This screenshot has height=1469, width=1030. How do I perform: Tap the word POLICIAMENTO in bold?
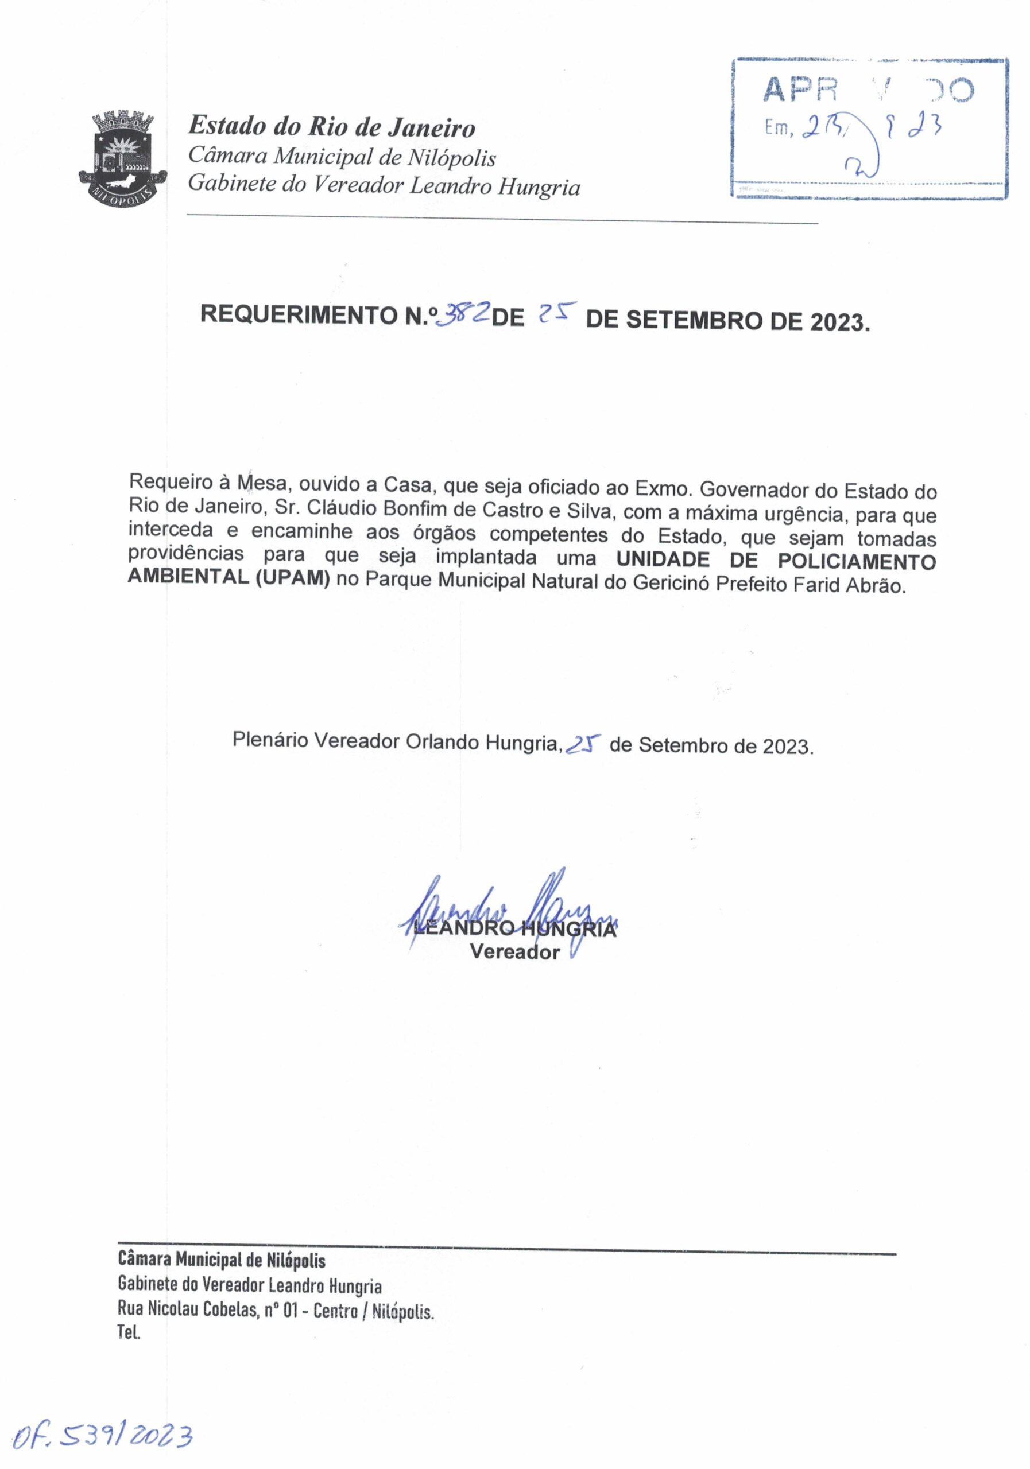point(857,561)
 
